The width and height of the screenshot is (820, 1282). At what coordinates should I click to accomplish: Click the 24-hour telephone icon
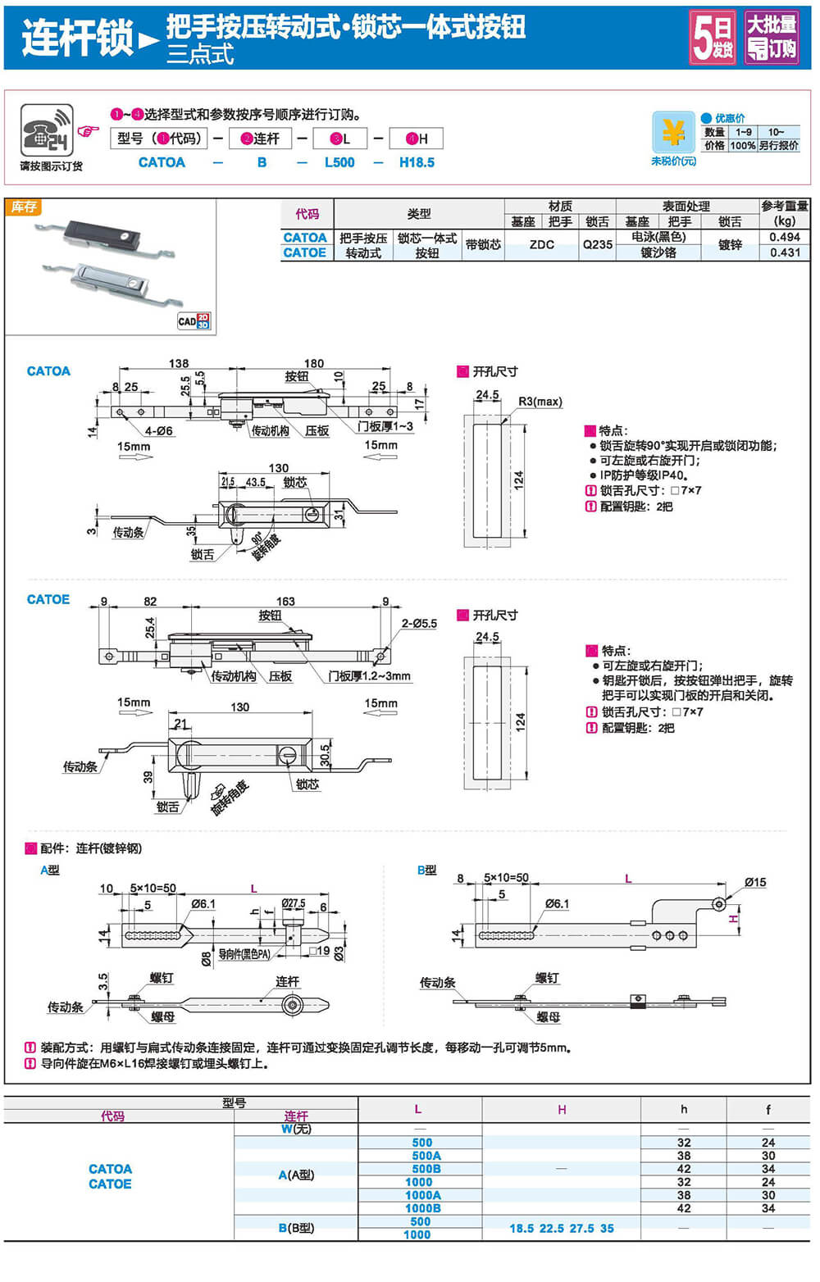[x=47, y=130]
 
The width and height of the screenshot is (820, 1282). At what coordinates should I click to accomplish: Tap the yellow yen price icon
[x=673, y=132]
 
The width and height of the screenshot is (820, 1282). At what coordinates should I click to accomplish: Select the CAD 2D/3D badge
[x=194, y=321]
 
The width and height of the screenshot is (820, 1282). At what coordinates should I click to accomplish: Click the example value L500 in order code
[x=339, y=162]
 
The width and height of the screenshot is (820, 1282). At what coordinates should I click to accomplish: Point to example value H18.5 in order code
[x=417, y=162]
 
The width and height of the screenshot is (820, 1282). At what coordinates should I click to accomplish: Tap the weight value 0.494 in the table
[x=785, y=237]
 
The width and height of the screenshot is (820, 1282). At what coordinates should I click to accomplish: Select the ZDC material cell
[x=542, y=244]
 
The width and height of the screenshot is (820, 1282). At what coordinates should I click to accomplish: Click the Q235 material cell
[x=598, y=244]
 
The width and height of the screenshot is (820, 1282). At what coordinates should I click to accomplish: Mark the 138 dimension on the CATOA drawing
[x=179, y=363]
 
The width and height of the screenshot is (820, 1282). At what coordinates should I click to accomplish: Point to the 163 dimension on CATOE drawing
[x=285, y=602]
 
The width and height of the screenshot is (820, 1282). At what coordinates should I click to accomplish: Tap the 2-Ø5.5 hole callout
[x=419, y=624]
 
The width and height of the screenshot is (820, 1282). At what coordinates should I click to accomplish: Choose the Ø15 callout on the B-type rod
[x=755, y=882]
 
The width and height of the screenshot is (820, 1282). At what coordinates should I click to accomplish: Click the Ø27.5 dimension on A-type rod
[x=294, y=903]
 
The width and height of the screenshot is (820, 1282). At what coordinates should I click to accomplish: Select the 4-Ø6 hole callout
[x=159, y=431]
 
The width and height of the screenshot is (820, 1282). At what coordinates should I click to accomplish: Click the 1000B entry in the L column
[x=422, y=1208]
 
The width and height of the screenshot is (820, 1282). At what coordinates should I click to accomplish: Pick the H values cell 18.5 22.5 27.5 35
[x=561, y=1228]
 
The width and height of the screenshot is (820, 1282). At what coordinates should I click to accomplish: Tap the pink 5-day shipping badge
[x=712, y=37]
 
